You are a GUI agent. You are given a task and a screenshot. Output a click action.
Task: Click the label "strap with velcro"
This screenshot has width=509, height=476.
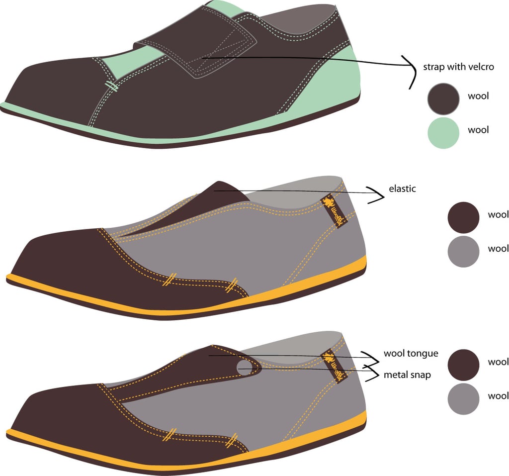pos(458,67)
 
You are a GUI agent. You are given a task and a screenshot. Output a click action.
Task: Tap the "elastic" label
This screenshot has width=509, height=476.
pos(402,189)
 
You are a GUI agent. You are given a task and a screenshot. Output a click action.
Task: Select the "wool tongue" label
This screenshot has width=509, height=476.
pos(411,354)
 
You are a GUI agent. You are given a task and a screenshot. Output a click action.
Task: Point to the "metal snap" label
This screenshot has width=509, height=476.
pos(407,375)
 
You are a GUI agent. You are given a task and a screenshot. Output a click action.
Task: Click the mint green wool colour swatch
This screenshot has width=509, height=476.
pos(443,133)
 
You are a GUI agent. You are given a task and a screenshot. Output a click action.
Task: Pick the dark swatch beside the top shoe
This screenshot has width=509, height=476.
pos(443,98)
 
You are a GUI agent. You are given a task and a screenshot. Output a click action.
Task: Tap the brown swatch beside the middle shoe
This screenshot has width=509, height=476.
pos(463,217)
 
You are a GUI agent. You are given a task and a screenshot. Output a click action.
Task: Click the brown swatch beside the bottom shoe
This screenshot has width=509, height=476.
pos(463,364)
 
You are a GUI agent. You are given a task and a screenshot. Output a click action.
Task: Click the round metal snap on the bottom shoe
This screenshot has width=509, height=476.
pos(245,368)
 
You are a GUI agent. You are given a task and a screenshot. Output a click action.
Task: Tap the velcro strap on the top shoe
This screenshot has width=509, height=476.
pos(199,47)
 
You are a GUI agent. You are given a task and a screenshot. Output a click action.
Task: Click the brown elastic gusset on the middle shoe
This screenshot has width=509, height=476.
pos(219,199)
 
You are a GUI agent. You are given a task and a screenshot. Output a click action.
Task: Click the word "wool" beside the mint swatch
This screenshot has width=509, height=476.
pos(478,130)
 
